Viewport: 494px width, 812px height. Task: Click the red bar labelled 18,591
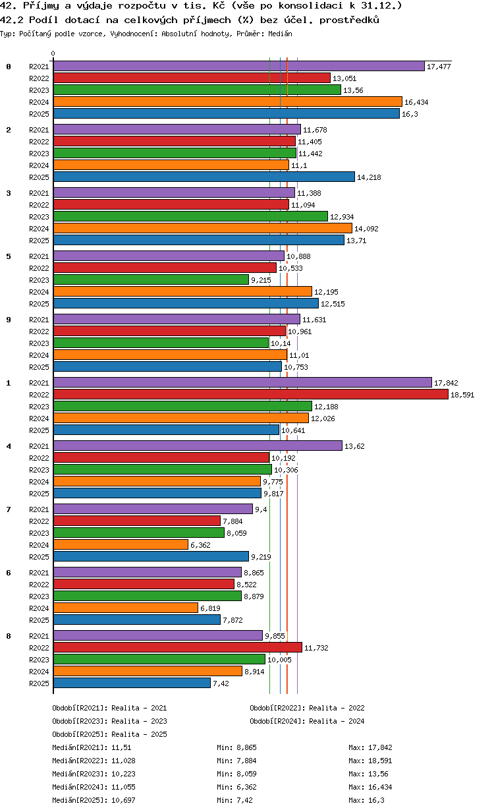coord(251,394)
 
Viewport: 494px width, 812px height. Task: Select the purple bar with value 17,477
coord(239,66)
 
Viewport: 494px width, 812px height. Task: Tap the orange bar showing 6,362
coord(121,544)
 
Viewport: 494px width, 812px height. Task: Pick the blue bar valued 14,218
coord(204,177)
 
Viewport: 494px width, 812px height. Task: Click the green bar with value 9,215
coord(151,279)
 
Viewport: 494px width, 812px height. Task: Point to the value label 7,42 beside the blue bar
coord(221,683)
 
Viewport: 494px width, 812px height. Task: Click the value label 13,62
coord(354,446)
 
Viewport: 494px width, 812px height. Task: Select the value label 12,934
coord(342,217)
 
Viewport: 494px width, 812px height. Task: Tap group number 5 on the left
coord(9,256)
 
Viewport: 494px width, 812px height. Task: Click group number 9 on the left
coord(9,320)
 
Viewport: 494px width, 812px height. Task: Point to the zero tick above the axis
coord(53,53)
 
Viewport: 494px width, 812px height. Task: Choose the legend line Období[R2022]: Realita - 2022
coord(307,708)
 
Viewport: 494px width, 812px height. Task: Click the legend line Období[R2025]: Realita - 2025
coord(110,734)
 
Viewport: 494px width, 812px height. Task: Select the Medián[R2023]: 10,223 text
coord(94,774)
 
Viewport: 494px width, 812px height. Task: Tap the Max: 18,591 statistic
coord(370,761)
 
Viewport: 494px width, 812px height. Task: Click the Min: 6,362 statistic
coord(236,787)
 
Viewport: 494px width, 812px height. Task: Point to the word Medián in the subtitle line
coord(280,34)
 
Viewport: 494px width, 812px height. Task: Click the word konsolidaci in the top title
coord(310,6)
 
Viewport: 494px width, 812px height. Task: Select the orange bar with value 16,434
coord(228,101)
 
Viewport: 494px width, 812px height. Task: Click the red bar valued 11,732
coord(178,647)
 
